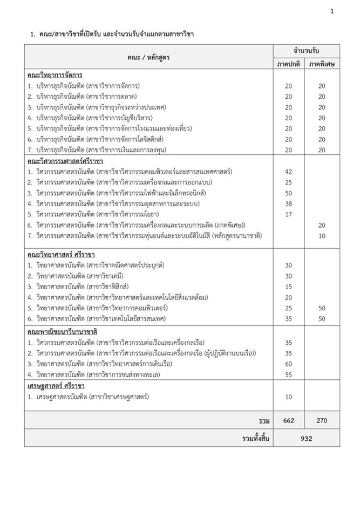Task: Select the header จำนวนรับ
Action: coord(305,50)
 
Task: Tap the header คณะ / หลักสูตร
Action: coord(148,57)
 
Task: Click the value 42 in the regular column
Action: coord(288,172)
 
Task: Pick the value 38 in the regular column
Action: coord(288,203)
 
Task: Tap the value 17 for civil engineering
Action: coord(288,214)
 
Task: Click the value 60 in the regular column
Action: coord(288,363)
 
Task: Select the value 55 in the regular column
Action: coord(288,374)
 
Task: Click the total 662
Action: coord(288,420)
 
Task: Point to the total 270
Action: coord(322,420)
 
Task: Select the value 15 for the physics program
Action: coord(288,286)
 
